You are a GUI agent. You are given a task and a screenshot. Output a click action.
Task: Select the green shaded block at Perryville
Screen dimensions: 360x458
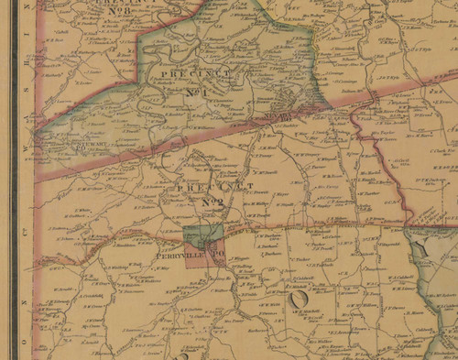[202, 234]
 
